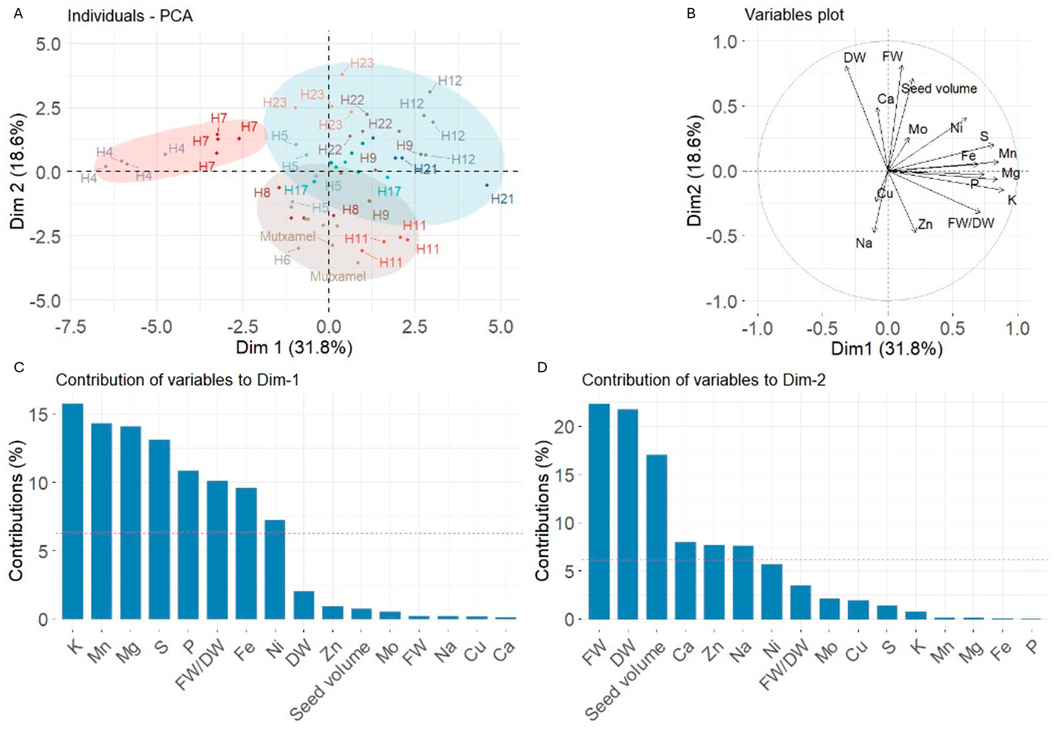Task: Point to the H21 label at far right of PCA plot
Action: tap(502, 199)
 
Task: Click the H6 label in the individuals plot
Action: tap(282, 260)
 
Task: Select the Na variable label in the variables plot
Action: tap(864, 243)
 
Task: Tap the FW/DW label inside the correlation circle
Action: tap(971, 223)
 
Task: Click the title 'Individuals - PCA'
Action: tap(130, 16)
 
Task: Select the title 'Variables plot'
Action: tap(794, 15)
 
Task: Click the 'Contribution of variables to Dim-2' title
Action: tap(703, 380)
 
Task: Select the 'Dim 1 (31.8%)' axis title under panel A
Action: tap(294, 347)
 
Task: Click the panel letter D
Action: tap(542, 367)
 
